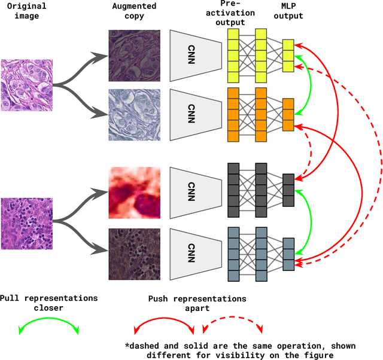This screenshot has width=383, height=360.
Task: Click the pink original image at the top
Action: pyautogui.click(x=26, y=85)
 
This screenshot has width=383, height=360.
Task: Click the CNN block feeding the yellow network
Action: pyautogui.click(x=191, y=56)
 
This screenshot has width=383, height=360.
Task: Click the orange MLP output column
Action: pyautogui.click(x=288, y=114)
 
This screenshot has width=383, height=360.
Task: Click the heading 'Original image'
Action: pyautogui.click(x=25, y=11)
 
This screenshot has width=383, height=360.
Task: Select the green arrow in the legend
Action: pyautogui.click(x=48, y=327)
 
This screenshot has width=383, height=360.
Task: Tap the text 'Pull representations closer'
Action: pyautogui.click(x=48, y=303)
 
